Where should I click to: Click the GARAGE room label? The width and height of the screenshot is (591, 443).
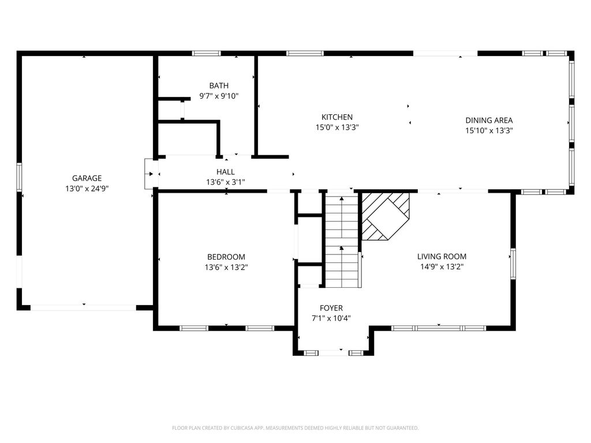pyautogui.click(x=87, y=178)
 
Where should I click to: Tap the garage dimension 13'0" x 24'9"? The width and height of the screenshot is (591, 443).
pyautogui.click(x=87, y=189)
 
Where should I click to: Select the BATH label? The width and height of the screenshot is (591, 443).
pyautogui.click(x=219, y=85)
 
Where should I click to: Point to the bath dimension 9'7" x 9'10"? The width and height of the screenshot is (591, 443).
pyautogui.click(x=219, y=96)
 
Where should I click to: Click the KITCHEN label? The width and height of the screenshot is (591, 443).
pyautogui.click(x=337, y=117)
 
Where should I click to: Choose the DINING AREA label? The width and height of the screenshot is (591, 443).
pyautogui.click(x=489, y=120)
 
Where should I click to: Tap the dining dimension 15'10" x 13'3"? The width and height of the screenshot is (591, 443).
pyautogui.click(x=489, y=131)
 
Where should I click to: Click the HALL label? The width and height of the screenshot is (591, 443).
pyautogui.click(x=226, y=172)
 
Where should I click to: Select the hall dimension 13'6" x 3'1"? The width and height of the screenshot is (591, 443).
pyautogui.click(x=226, y=182)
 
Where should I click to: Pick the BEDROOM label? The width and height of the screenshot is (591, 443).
pyautogui.click(x=226, y=257)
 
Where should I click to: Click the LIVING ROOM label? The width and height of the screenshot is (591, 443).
pyautogui.click(x=442, y=257)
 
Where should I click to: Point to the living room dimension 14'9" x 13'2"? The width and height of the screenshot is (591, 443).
pyautogui.click(x=442, y=267)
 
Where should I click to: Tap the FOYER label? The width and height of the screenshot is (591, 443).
pyautogui.click(x=331, y=308)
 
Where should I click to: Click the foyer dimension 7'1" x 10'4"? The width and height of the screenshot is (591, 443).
pyautogui.click(x=331, y=318)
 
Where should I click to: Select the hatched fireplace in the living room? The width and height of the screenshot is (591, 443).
pyautogui.click(x=386, y=217)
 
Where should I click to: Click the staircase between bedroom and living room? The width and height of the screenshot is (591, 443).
pyautogui.click(x=342, y=241)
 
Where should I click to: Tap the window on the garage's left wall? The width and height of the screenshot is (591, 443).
pyautogui.click(x=19, y=177)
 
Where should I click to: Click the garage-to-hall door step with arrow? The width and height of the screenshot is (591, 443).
pyautogui.click(x=151, y=174)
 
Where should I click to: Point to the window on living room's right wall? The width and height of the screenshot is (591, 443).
pyautogui.click(x=513, y=263)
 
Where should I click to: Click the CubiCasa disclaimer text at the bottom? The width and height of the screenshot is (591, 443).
pyautogui.click(x=295, y=428)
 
